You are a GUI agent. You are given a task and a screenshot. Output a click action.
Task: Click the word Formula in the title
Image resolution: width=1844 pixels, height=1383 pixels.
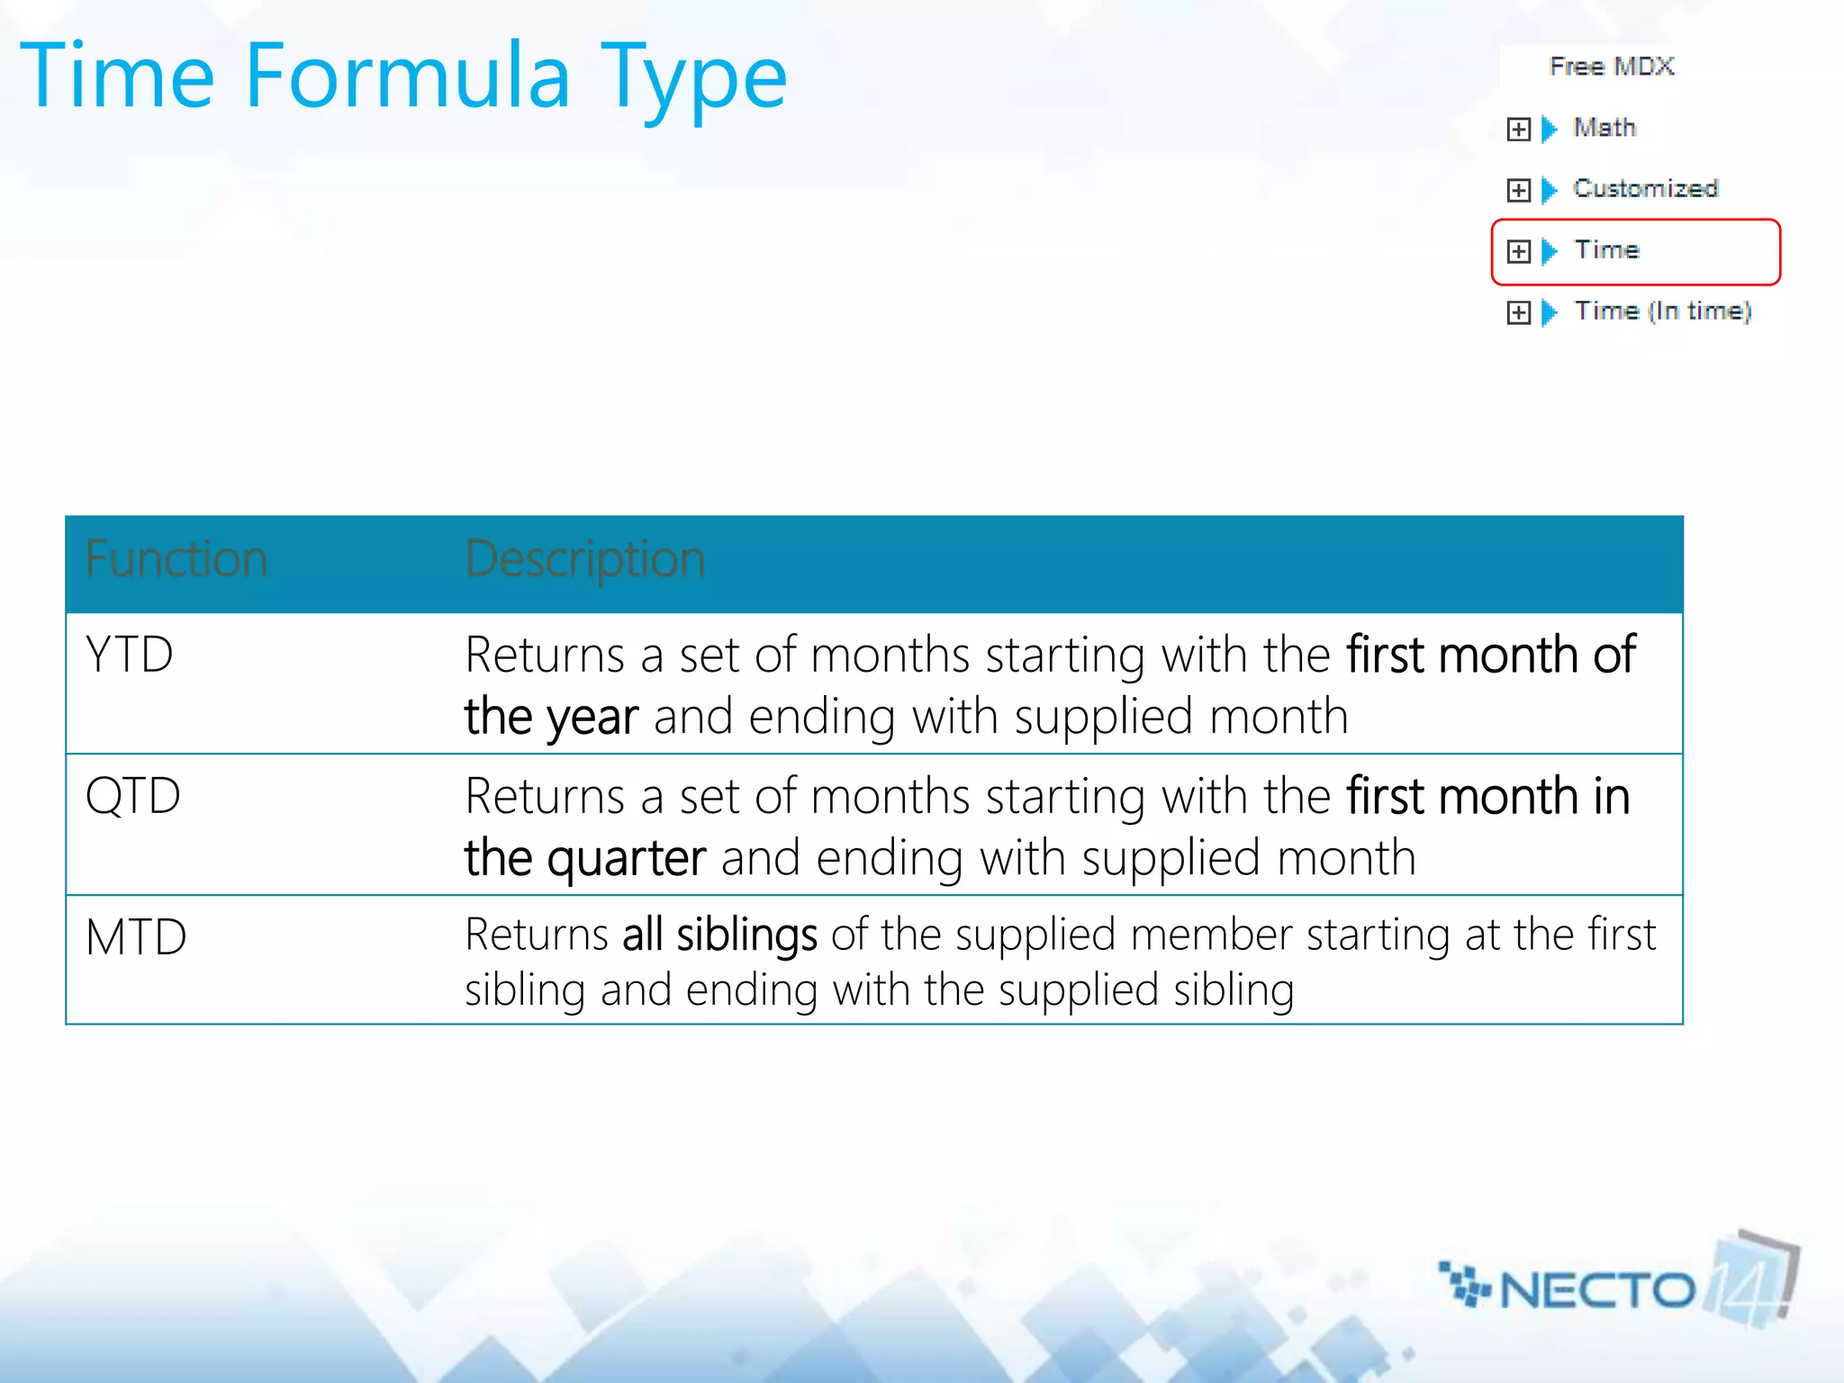point(407,77)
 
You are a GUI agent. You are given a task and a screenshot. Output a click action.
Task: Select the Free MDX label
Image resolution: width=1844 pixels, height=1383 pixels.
point(1612,67)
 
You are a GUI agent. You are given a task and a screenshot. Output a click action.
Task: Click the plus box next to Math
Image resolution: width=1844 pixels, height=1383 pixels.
point(1518,130)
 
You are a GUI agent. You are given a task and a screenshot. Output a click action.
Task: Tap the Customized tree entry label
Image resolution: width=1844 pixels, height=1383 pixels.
point(1645,189)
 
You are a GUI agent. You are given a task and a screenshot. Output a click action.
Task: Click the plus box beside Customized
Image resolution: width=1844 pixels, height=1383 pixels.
point(1518,190)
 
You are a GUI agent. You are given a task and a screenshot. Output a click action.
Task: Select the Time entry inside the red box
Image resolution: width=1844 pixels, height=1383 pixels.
point(1606,250)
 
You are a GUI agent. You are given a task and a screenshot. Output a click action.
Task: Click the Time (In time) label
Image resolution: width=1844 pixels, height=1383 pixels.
point(1662,312)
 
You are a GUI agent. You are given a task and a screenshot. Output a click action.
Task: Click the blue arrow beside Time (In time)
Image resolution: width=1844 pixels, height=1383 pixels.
point(1549,312)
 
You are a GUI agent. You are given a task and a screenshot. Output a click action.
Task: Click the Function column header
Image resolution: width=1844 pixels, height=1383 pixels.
point(176,559)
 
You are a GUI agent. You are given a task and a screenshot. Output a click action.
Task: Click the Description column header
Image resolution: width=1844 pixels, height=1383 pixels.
point(584,559)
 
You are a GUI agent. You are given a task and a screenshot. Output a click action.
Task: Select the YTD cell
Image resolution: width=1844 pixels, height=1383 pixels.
point(129,655)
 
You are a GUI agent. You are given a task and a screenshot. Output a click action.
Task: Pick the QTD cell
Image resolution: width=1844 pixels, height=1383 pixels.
point(132,796)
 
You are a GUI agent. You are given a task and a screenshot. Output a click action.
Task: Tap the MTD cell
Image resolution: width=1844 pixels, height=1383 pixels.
point(136,937)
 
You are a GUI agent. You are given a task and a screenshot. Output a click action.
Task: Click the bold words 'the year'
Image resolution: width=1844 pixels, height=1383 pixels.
point(551,718)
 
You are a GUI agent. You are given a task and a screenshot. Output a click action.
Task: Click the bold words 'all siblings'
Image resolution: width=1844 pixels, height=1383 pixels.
point(719,935)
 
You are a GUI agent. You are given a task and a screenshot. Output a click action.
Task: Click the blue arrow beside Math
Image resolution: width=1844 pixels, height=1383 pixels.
point(1549,130)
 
